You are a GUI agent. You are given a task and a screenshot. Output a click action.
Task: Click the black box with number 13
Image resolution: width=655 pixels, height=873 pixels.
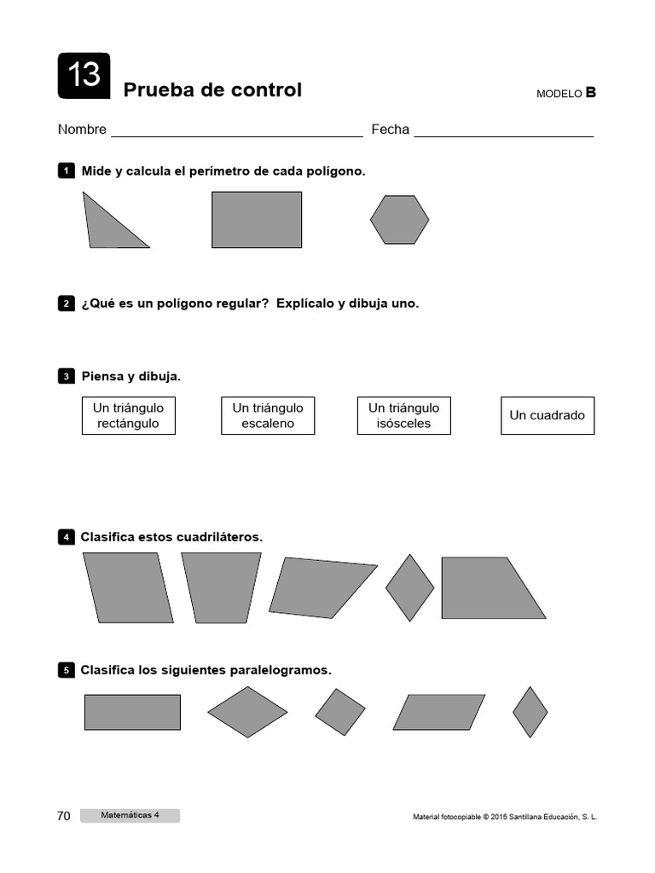point(84,75)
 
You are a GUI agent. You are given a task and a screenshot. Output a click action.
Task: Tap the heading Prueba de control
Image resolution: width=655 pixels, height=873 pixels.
point(212,90)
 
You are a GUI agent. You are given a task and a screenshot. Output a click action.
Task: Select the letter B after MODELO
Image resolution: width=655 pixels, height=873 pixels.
point(590,93)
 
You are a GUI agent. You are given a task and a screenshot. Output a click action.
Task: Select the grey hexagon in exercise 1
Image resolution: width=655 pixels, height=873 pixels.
point(399,219)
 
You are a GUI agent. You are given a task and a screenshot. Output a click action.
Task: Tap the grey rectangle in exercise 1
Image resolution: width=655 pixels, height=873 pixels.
point(257,219)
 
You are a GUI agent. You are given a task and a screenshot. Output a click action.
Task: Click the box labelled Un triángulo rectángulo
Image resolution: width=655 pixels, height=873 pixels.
point(129,415)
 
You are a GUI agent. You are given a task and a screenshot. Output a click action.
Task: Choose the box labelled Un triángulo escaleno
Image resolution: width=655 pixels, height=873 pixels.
point(268,415)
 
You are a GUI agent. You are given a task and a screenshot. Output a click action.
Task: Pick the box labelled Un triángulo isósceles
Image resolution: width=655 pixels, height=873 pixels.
point(404,415)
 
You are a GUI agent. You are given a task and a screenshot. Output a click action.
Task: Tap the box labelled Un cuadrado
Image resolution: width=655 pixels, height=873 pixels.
point(548,415)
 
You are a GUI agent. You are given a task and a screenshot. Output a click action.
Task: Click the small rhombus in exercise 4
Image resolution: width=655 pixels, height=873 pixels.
point(409,587)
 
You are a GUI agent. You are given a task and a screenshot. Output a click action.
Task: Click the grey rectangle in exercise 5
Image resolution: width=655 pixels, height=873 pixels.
point(132,712)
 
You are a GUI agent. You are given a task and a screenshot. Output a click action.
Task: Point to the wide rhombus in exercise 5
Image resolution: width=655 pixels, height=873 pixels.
point(247,711)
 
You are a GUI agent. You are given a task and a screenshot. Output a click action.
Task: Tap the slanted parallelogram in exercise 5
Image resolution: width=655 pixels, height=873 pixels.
point(439,712)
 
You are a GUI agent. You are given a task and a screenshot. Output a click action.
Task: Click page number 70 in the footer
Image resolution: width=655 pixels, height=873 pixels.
point(64,816)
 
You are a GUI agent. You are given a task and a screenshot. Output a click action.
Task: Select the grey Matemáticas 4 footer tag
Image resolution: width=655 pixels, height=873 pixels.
point(130,816)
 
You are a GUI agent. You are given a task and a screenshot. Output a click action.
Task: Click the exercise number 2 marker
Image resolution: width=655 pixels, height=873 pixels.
point(66,304)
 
